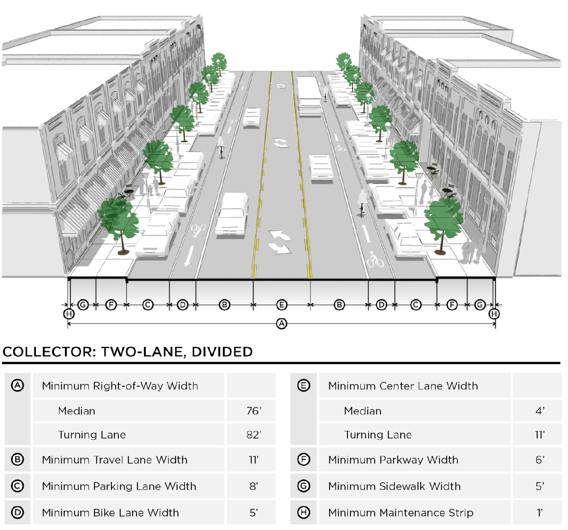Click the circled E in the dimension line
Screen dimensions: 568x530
[x=282, y=305]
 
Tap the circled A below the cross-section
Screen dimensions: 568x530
[x=282, y=324]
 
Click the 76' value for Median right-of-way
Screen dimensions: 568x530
[x=254, y=411]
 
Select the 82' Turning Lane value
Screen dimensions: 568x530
[x=254, y=435]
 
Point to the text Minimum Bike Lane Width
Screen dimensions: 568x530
[x=110, y=513]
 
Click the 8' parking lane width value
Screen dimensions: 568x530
[x=254, y=486]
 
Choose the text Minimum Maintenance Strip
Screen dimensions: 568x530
[x=401, y=513]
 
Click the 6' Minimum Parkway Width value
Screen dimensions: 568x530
[x=540, y=460]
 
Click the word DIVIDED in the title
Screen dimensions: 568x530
[x=222, y=352]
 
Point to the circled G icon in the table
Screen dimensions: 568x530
[x=304, y=486]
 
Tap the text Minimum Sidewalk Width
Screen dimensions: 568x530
[x=394, y=486]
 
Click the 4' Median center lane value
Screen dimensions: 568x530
[x=540, y=411]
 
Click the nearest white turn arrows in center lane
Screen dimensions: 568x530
[x=280, y=242]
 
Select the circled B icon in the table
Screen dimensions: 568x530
[x=17, y=460]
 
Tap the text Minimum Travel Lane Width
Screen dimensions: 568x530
[x=115, y=460]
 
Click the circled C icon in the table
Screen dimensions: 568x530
[x=17, y=486]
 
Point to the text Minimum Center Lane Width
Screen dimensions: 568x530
[x=403, y=386]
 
